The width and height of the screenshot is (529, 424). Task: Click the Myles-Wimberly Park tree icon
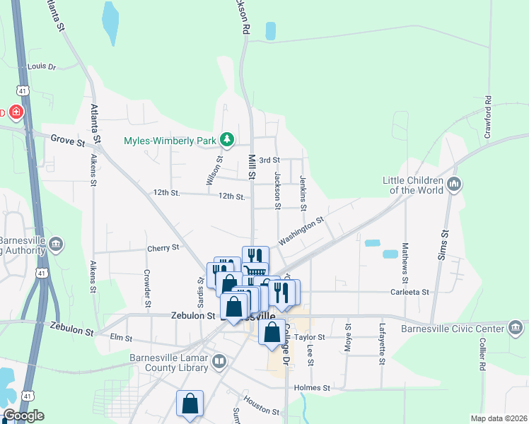pyautogui.click(x=227, y=140)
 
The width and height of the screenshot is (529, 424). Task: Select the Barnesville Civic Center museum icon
pyautogui.click(x=515, y=327)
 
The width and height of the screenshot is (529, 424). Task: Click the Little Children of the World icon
pyautogui.click(x=454, y=184)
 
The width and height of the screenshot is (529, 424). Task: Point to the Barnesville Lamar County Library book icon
pyautogui.click(x=220, y=363)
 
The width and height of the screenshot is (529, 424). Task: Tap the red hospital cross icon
pyautogui.click(x=16, y=112)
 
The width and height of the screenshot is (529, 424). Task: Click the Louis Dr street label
pyautogui.click(x=41, y=66)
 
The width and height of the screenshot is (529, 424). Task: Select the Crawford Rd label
pyautogui.click(x=487, y=117)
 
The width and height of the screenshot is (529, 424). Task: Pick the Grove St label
pyautogui.click(x=67, y=140)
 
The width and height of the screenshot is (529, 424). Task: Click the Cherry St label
pyautogui.click(x=163, y=247)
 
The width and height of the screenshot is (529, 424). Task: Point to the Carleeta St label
pyautogui.click(x=410, y=291)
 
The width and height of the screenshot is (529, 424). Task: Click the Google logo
pyautogui.click(x=23, y=416)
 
